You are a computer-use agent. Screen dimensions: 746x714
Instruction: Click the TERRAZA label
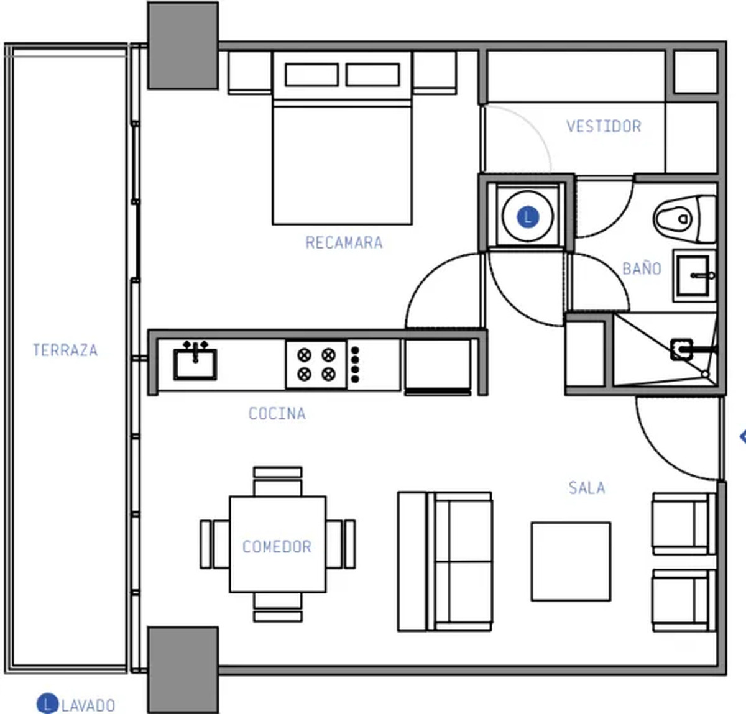tap(65, 350)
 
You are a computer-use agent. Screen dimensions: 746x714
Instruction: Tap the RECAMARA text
tap(344, 242)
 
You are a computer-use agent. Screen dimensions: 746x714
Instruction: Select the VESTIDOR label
tap(604, 127)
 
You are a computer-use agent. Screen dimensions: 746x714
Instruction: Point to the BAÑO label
tap(642, 268)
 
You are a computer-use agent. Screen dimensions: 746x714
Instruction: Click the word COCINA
tap(277, 413)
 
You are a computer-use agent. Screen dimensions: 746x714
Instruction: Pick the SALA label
tap(587, 488)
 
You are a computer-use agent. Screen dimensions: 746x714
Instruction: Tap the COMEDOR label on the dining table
tap(277, 546)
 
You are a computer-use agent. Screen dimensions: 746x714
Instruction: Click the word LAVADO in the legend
tap(88, 705)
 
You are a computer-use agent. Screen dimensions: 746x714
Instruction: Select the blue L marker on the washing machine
tap(528, 217)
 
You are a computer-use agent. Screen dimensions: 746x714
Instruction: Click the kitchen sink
tap(195, 362)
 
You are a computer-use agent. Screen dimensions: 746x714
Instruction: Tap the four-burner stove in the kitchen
tap(316, 364)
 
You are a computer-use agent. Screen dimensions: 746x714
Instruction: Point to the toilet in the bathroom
tap(684, 219)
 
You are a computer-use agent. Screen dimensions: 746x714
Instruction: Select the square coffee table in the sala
tap(571, 562)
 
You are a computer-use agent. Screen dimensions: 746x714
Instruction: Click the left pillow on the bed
tap(311, 75)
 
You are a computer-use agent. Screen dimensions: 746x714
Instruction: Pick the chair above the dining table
tap(277, 482)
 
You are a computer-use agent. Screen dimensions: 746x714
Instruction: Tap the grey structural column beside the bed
tap(183, 45)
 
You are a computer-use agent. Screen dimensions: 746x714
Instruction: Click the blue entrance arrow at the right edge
tap(742, 436)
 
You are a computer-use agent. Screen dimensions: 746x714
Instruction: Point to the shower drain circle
tap(705, 374)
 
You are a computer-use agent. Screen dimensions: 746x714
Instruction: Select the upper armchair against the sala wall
tap(684, 523)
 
